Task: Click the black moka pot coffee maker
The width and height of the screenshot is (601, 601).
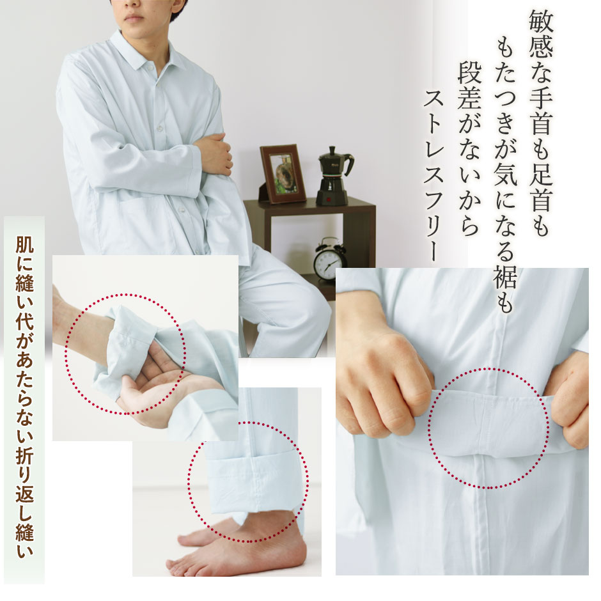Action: click(334, 176)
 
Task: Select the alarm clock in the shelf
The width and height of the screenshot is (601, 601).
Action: click(329, 259)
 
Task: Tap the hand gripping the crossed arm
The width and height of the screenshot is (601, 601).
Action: click(214, 153)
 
